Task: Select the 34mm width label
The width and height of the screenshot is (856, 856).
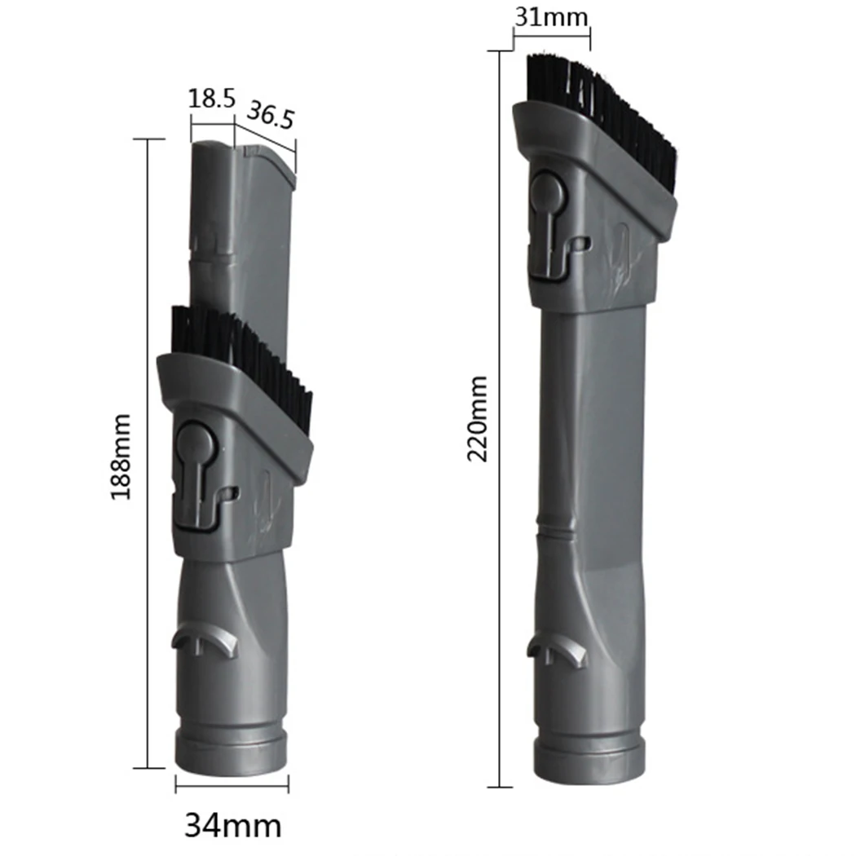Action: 233,825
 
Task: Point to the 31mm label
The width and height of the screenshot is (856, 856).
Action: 551,15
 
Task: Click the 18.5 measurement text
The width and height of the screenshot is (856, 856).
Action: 212,99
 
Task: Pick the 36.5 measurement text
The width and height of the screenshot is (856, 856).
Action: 270,115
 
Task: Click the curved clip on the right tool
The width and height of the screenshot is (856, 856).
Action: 558,648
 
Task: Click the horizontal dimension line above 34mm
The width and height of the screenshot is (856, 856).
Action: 232,787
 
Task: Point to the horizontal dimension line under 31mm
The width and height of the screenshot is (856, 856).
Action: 551,31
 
